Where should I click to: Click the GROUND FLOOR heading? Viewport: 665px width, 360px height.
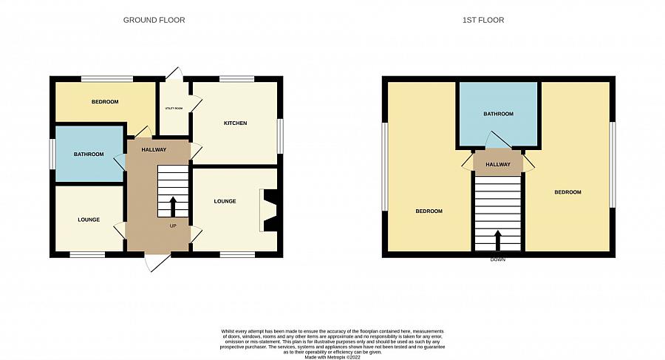click(x=154, y=20)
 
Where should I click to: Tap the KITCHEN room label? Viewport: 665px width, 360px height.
click(x=235, y=123)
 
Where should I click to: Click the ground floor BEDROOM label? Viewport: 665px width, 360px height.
click(x=105, y=102)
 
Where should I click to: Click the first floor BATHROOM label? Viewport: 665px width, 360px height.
click(x=498, y=115)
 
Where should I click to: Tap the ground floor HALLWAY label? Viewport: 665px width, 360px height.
click(x=154, y=150)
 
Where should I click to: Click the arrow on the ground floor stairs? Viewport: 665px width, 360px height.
click(x=173, y=205)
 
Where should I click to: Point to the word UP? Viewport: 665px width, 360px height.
click(x=173, y=225)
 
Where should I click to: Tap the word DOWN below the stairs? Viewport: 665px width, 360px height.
click(x=498, y=260)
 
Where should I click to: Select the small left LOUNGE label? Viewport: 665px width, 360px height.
click(x=89, y=220)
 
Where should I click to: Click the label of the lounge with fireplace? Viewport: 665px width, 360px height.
click(x=225, y=201)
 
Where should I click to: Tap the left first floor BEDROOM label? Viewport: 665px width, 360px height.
click(x=429, y=211)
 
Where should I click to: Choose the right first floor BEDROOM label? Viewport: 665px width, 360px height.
click(x=567, y=192)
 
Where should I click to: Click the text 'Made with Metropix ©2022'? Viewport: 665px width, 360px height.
click(x=332, y=358)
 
